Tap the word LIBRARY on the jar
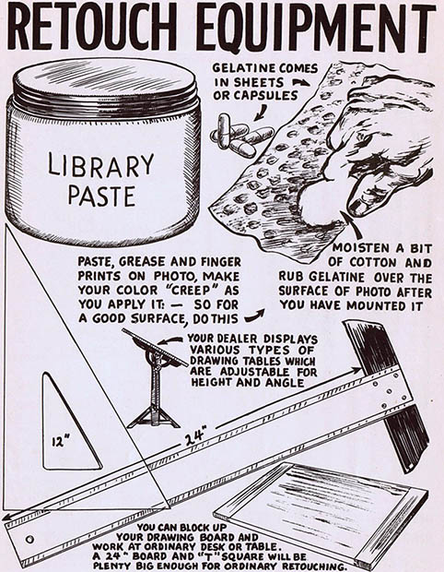(101, 165)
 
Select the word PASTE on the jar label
(101, 197)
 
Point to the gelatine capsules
(241, 136)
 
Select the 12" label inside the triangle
(59, 442)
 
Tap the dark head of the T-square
(387, 394)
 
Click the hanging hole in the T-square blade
(29, 539)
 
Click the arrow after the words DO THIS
(254, 316)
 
